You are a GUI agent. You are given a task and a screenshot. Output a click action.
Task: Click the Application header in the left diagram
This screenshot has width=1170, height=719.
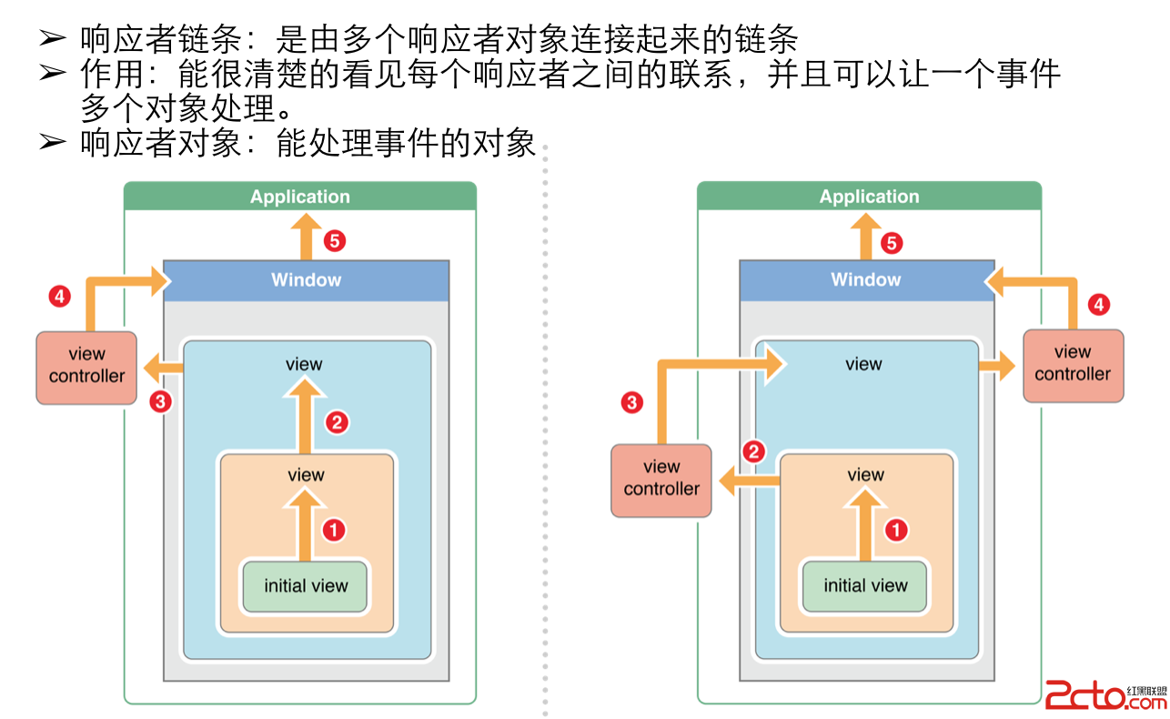[x=300, y=197]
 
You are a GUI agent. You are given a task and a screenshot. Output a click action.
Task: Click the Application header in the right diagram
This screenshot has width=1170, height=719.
[x=869, y=197]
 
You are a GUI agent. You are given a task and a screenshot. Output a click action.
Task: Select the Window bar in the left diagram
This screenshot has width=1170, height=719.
[x=306, y=280]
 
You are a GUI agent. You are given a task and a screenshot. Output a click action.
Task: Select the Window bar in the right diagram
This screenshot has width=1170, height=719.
[x=865, y=280]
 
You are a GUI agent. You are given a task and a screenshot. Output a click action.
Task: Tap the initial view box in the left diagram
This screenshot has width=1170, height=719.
[x=306, y=586]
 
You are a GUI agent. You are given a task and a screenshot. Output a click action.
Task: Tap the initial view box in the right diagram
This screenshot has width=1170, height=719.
[x=865, y=586]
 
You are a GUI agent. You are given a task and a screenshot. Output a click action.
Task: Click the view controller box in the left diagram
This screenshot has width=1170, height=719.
[x=86, y=366]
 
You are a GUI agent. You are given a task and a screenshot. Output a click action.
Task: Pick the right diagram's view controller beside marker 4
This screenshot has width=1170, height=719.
[x=1073, y=364]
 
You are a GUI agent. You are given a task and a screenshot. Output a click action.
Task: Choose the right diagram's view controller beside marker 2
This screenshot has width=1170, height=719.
[x=661, y=479]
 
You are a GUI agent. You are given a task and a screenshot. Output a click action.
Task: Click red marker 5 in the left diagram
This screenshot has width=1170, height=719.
[x=334, y=241]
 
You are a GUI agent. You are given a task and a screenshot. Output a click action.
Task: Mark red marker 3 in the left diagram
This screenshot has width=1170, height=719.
[x=161, y=401]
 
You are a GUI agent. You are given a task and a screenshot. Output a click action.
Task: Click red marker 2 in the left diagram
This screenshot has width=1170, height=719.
[x=337, y=422]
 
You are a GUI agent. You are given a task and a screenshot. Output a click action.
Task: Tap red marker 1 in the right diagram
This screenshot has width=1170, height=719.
[x=896, y=530]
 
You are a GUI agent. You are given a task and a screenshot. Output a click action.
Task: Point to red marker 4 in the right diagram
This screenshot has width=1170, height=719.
[x=1099, y=305]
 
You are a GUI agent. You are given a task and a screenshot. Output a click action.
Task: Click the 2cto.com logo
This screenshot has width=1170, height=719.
[x=1104, y=696]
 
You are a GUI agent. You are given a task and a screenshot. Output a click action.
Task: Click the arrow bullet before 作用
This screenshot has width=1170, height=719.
[x=53, y=73]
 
